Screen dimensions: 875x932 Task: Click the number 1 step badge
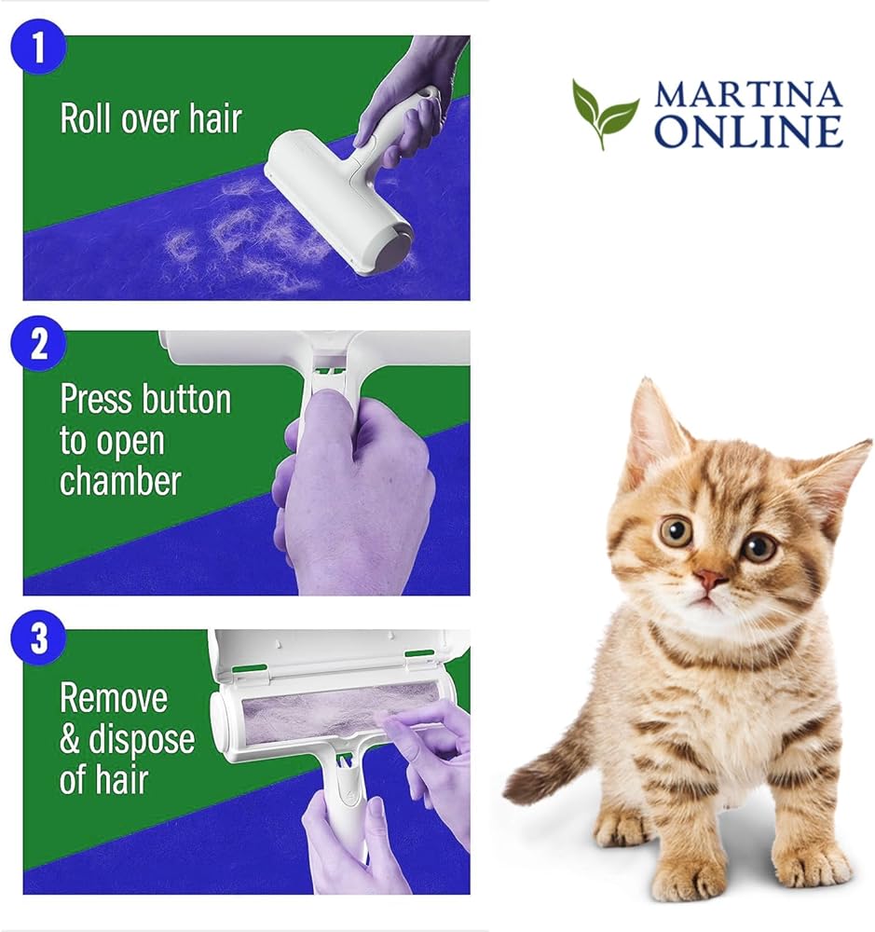(38, 47)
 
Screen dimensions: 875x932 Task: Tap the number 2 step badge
(38, 343)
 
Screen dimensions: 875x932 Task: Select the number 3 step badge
(38, 637)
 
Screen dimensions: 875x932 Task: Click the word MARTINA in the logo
(748, 94)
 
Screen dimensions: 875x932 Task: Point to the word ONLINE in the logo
(748, 131)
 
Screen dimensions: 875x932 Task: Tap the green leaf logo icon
(605, 113)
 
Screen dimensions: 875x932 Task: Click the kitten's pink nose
(710, 578)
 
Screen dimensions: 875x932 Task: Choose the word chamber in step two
(120, 481)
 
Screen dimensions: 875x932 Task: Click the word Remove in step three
(114, 698)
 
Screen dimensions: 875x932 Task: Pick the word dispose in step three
(142, 741)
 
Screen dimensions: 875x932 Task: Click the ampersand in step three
(70, 739)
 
